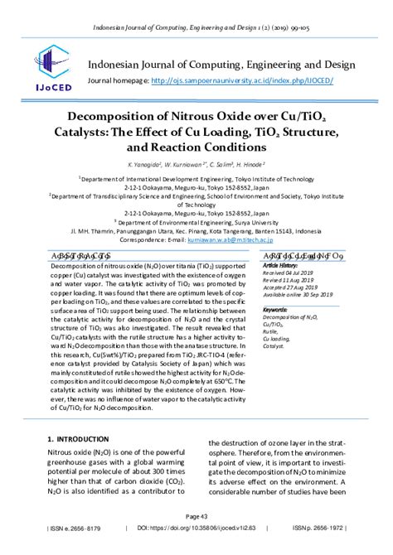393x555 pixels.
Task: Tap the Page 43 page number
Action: pos(196,515)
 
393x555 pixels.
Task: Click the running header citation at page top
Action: pos(197,7)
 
